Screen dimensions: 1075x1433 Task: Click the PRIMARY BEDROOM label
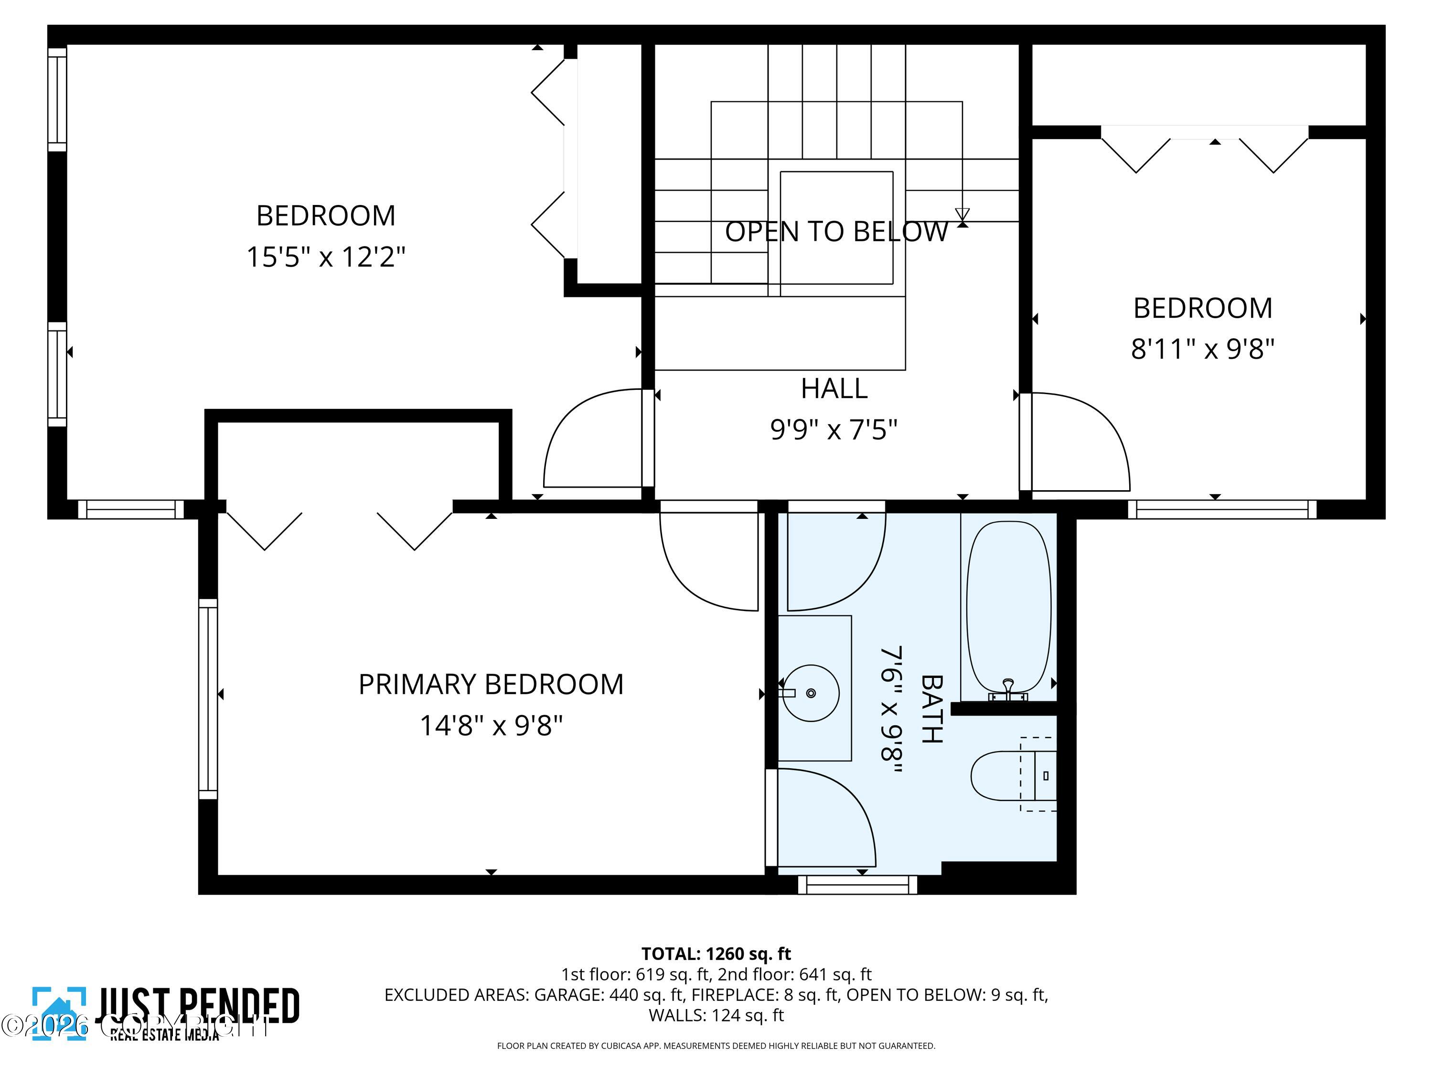coord(491,684)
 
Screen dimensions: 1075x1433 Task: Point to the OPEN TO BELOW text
coord(836,231)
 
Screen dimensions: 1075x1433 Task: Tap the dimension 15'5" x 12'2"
coord(325,257)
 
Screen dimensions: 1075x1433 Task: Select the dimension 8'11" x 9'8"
coord(1202,349)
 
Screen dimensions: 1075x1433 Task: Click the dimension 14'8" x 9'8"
coord(491,726)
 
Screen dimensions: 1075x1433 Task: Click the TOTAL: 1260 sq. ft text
coord(716,954)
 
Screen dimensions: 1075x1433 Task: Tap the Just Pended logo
coord(165,1013)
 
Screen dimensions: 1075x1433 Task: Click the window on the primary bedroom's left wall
coord(207,699)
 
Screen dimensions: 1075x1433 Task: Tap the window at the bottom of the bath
coord(857,884)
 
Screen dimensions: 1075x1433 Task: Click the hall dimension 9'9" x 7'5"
coord(834,430)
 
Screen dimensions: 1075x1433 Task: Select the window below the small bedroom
coord(1222,509)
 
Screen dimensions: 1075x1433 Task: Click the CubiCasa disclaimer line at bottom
coord(716,1045)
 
